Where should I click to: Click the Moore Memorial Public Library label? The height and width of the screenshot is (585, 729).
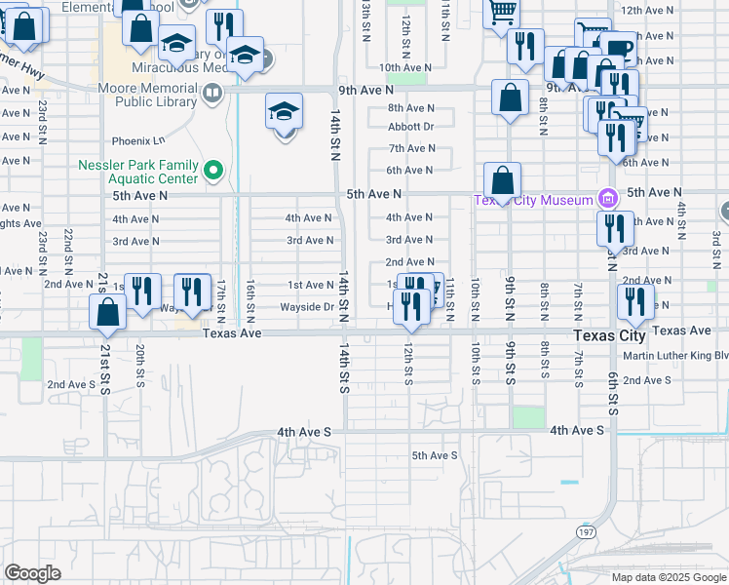[156, 94]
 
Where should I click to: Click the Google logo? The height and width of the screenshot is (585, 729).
[32, 573]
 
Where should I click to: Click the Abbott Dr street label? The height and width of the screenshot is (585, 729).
[410, 127]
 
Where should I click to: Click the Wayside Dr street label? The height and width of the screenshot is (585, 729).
[308, 307]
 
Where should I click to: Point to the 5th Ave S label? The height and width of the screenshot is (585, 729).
[434, 455]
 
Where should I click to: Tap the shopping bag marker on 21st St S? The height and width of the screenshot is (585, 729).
[107, 312]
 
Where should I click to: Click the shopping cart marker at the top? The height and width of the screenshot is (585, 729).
[501, 12]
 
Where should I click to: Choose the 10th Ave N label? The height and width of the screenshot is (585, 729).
[405, 67]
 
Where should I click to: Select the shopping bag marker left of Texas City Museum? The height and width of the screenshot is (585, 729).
[502, 181]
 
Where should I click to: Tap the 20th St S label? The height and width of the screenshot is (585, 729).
[141, 367]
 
